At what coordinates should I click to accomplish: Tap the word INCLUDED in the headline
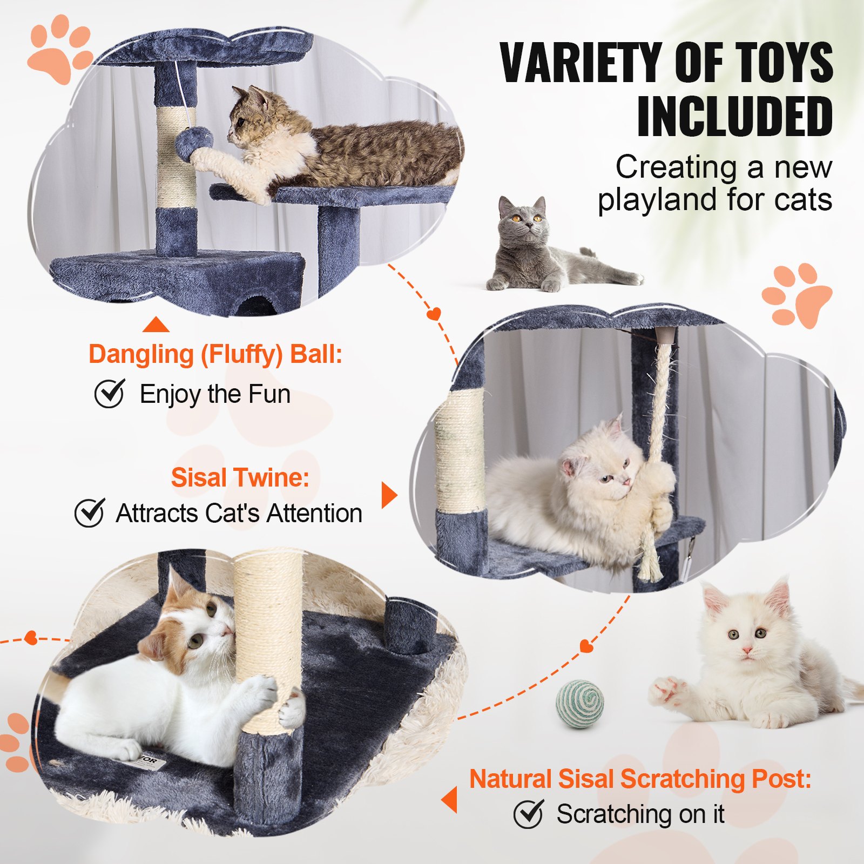734,117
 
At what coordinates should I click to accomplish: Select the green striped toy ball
580,704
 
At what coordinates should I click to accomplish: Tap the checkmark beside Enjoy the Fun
110,393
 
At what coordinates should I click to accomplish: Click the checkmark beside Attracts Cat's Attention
90,512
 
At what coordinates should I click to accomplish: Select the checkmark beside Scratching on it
529,814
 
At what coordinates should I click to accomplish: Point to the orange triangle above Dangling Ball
156,325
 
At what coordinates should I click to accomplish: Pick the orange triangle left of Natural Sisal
450,800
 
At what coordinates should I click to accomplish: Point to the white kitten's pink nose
747,650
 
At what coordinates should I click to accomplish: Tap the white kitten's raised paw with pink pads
667,691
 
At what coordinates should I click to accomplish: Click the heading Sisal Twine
240,478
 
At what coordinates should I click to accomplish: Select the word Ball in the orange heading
316,355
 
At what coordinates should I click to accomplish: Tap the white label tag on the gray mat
148,761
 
